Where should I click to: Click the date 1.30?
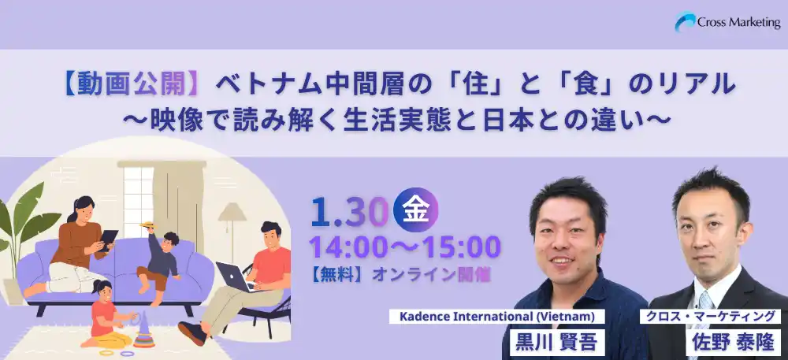click(350, 210)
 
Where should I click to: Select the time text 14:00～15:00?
click(404, 247)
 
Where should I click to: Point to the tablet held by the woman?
click(108, 238)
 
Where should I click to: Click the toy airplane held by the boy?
click(147, 225)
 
